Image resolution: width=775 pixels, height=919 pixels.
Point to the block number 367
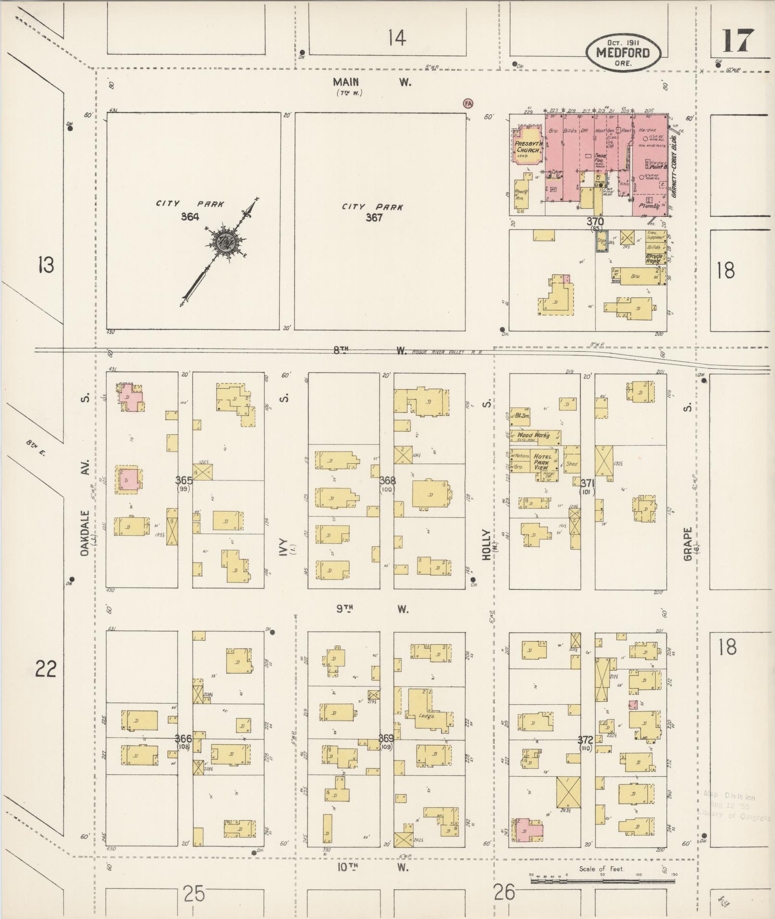[374, 218]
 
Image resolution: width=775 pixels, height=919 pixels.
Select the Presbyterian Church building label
[527, 147]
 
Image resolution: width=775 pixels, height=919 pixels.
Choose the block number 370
[594, 221]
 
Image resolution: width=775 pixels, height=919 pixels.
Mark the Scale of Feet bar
[603, 882]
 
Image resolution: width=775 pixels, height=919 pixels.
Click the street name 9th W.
[372, 609]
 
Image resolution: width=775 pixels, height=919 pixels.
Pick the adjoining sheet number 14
[397, 37]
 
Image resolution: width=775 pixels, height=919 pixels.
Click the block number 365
[184, 480]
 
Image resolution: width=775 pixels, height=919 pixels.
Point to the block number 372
[585, 739]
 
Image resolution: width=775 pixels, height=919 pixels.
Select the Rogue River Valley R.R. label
[446, 352]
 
